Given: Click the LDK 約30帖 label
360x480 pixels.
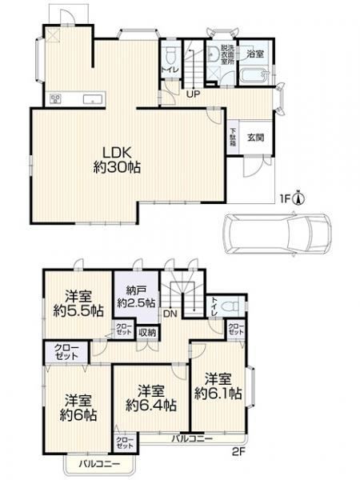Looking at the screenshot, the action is [x=117, y=160].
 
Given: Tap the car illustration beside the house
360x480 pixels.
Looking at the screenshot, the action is [x=278, y=234].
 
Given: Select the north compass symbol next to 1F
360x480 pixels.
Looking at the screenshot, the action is [x=298, y=198].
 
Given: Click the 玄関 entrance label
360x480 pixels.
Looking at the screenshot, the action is [x=255, y=138].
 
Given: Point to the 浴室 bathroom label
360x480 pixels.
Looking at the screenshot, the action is [x=255, y=54].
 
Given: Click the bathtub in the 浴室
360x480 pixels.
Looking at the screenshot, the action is [x=254, y=76].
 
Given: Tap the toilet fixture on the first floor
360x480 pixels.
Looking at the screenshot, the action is [x=170, y=55].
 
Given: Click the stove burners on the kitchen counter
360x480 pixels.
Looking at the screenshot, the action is [x=56, y=99].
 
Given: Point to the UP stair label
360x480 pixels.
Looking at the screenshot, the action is [x=194, y=94].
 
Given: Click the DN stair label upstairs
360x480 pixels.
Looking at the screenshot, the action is [x=170, y=314].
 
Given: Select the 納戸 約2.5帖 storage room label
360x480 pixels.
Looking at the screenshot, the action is [x=137, y=297].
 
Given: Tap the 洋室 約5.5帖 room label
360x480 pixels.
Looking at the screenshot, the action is [x=78, y=304].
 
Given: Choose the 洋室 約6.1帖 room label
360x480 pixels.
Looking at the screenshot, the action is [x=218, y=386].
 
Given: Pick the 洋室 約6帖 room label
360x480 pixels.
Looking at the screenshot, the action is [x=78, y=408].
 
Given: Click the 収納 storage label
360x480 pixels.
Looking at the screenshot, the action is [x=147, y=333].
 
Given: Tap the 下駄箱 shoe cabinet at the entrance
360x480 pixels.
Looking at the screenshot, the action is [x=234, y=136].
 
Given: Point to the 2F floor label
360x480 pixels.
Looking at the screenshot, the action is [x=238, y=451].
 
